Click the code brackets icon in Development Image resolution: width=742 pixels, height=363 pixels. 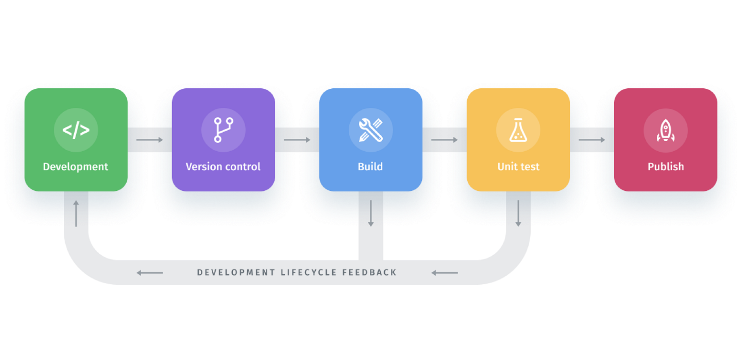[x=76, y=130]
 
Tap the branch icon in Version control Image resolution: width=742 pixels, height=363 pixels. [x=223, y=130]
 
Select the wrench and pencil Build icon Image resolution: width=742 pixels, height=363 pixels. [x=371, y=130]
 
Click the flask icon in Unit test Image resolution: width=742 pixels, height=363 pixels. [x=518, y=130]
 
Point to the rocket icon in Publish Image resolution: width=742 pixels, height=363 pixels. [x=665, y=130]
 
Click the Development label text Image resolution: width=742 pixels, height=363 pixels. [x=76, y=167]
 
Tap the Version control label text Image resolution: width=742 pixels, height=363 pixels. [x=223, y=167]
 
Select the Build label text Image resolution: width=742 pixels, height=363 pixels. [x=370, y=167]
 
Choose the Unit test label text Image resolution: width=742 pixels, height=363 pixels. [x=518, y=167]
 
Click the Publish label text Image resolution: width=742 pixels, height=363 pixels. [x=666, y=167]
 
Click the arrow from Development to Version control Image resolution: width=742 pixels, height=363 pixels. [x=150, y=140]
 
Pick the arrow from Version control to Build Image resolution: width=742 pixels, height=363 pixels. [x=297, y=140]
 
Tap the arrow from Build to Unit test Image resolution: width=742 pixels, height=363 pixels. [x=444, y=140]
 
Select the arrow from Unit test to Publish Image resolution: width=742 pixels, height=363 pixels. [x=592, y=140]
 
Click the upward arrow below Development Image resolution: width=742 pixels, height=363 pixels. [x=76, y=213]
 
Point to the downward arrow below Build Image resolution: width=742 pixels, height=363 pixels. [x=371, y=213]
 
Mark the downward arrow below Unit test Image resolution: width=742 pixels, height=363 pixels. [x=518, y=213]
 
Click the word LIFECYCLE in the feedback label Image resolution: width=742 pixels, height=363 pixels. [x=308, y=273]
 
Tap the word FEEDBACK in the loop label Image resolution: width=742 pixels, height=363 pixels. [x=369, y=273]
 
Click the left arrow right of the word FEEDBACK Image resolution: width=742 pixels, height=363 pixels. [x=444, y=273]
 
